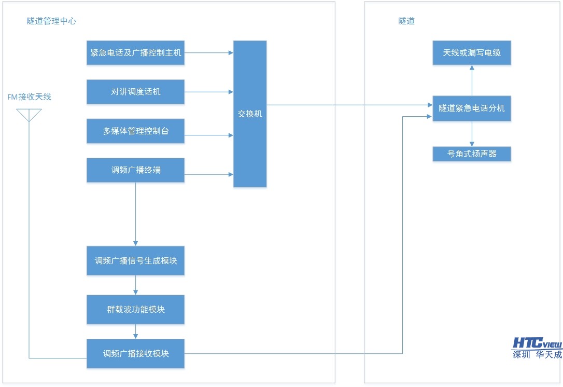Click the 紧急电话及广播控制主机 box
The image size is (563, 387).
135,53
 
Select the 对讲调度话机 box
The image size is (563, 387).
135,92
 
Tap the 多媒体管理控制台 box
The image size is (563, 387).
135,131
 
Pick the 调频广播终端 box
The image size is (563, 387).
135,170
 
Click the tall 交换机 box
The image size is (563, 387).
250,114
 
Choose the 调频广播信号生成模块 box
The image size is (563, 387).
135,261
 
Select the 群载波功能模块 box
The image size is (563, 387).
135,310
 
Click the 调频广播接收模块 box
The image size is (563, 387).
135,354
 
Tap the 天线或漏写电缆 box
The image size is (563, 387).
472,53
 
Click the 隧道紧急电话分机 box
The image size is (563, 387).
472,108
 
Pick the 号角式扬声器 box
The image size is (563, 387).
472,154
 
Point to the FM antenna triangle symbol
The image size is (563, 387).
29,115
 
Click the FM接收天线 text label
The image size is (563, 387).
29,97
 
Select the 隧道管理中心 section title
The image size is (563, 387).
52,21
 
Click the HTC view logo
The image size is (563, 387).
537,343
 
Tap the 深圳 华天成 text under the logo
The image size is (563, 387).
537,355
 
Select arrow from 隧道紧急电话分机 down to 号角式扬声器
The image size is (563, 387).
472,134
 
